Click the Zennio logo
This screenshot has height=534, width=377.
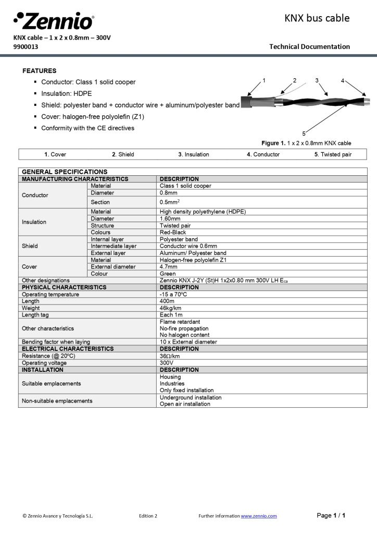coord(54,21)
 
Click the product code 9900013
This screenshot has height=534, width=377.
coord(26,46)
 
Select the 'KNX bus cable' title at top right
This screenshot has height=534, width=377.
coord(317,18)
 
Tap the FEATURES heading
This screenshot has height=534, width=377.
coord(40,70)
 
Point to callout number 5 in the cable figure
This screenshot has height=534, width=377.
coord(304,133)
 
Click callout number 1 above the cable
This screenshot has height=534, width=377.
coord(264,80)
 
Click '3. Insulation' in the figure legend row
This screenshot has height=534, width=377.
coord(193,154)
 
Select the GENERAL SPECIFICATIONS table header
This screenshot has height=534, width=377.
coord(65,172)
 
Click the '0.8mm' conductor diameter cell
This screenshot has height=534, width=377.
coord(169,193)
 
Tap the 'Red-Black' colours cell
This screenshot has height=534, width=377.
coord(173,233)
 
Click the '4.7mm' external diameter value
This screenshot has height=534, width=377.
coord(169,266)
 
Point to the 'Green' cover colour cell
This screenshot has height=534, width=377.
coord(168,273)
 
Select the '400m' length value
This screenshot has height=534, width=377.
coord(167,301)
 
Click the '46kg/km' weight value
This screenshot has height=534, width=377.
coord(170,308)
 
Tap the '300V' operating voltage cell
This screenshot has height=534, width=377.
coord(167,362)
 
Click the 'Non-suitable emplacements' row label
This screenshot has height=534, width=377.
coord(57,400)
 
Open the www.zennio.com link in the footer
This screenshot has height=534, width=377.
coord(259,516)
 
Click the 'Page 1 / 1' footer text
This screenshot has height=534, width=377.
coord(331,515)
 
